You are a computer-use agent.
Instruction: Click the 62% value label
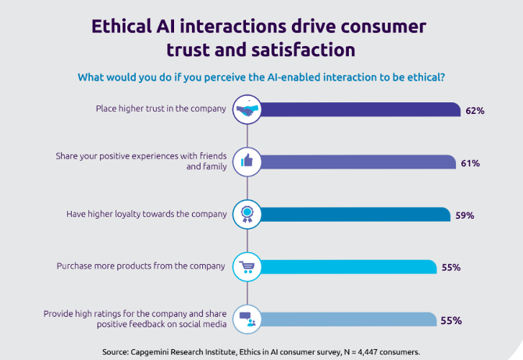click(475, 111)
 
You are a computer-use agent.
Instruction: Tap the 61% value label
click(470, 163)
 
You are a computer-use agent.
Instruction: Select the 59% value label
click(465, 216)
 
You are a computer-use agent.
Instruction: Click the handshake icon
click(247, 109)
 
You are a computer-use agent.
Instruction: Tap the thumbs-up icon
click(247, 162)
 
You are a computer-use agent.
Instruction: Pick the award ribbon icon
click(247, 214)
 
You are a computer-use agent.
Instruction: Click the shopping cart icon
click(247, 266)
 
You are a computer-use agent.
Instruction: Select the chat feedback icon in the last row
click(247, 319)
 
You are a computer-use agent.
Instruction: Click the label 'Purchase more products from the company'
click(141, 266)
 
